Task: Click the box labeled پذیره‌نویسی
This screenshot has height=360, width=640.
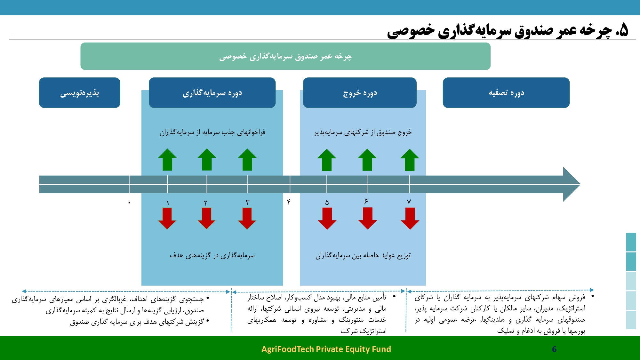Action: (x=80, y=93)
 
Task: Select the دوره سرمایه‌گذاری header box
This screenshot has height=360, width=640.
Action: (x=212, y=93)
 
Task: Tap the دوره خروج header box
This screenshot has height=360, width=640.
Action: (x=360, y=93)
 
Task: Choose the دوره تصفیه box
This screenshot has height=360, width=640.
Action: (x=506, y=93)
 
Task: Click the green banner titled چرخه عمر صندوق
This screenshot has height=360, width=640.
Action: (x=285, y=56)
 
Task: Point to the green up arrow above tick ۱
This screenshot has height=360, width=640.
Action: (x=167, y=160)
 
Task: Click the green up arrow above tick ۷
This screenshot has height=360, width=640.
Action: (x=410, y=160)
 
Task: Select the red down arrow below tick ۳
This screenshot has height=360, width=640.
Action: (x=247, y=218)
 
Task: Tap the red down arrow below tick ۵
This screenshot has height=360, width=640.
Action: (x=327, y=219)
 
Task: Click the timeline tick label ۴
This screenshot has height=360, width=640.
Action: (x=289, y=202)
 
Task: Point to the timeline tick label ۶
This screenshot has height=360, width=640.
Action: (x=366, y=201)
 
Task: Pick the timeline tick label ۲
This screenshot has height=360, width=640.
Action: (x=206, y=203)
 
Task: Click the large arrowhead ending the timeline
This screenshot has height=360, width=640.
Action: (x=572, y=184)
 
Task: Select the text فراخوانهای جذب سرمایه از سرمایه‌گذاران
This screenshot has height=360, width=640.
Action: (x=212, y=132)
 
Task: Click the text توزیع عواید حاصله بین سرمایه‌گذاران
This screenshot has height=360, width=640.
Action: (x=363, y=255)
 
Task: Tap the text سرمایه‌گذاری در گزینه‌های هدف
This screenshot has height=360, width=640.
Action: (x=212, y=255)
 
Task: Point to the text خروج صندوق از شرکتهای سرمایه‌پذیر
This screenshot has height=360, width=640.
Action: (x=363, y=132)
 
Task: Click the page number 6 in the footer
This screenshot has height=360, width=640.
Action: (x=554, y=349)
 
